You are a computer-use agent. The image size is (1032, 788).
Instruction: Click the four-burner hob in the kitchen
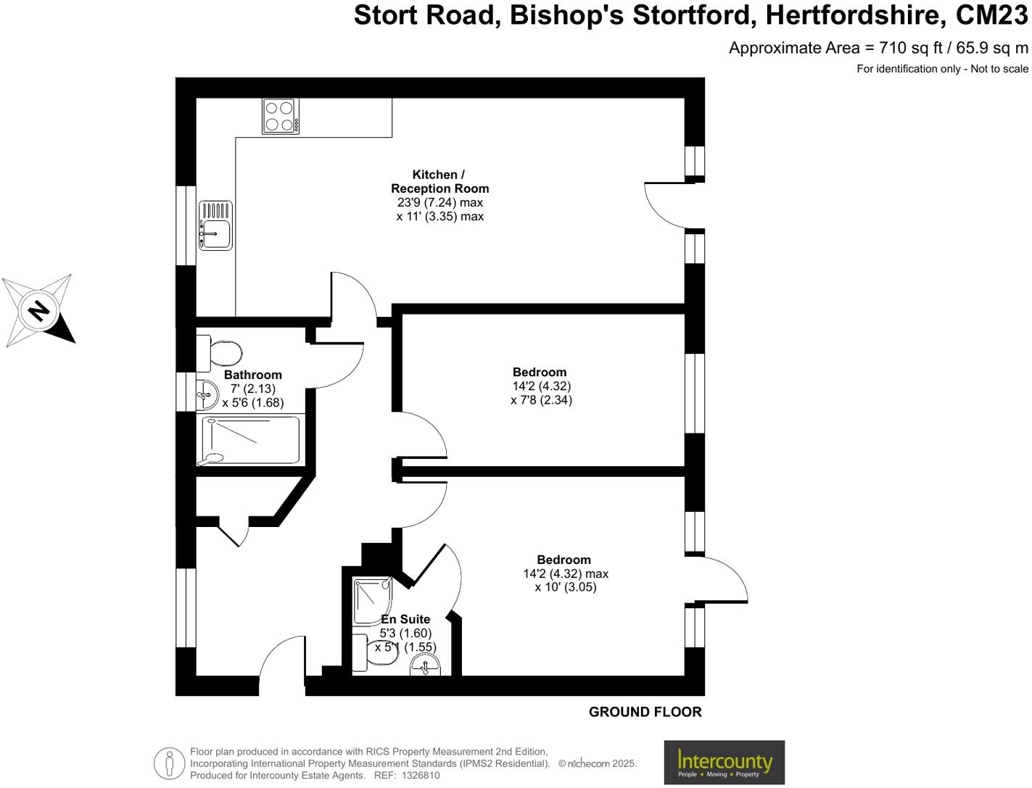[x=279, y=116]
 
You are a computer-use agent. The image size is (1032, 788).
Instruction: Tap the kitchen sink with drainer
[x=215, y=225]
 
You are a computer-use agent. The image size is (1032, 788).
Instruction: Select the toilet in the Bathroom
[x=221, y=353]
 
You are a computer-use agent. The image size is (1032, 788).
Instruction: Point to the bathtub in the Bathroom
[x=249, y=440]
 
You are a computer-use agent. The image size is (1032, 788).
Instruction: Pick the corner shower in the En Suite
[x=372, y=600]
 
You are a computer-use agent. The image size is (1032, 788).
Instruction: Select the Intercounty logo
[x=724, y=762]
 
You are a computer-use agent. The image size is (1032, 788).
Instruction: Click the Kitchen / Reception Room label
[x=439, y=181]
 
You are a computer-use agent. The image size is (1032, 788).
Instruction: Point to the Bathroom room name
[x=252, y=375]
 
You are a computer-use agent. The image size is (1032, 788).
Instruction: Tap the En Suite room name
[x=405, y=619]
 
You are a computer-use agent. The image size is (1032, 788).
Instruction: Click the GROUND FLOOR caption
[x=645, y=712]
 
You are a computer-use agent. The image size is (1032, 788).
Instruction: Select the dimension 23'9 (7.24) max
[x=439, y=202]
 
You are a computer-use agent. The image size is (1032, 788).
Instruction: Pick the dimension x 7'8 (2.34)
[x=541, y=399]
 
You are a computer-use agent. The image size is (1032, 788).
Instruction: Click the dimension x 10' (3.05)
[x=566, y=586]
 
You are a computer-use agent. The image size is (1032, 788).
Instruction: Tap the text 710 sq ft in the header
[x=910, y=48]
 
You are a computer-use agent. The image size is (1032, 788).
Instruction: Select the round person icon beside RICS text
[x=170, y=763]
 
